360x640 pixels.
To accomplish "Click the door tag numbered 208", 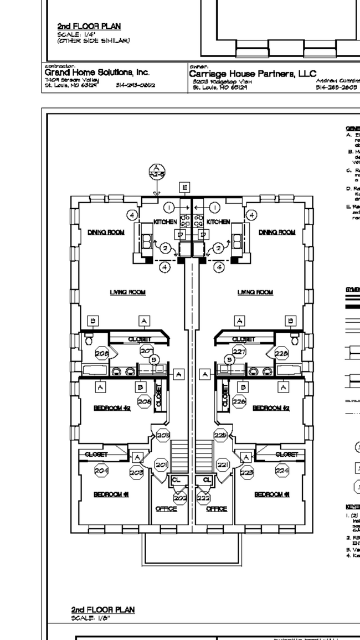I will [x=101, y=353].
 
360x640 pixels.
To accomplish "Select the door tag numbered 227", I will [x=239, y=351].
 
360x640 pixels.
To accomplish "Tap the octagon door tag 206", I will [x=144, y=402].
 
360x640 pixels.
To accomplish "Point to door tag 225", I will [x=220, y=435].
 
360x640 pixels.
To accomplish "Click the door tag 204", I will [x=101, y=471].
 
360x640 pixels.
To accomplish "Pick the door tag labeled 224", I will [x=282, y=471].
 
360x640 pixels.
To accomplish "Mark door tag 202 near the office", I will [x=180, y=498].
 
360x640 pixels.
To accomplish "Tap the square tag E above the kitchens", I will [x=185, y=187].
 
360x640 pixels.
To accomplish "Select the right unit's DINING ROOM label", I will [x=277, y=232].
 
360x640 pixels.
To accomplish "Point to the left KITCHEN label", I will [x=165, y=222].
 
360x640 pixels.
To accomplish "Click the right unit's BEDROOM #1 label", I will [x=271, y=494].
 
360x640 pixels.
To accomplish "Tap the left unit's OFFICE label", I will [x=166, y=508].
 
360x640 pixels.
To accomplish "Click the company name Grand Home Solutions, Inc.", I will [x=97, y=73].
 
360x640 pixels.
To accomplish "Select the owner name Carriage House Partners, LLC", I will [x=252, y=73].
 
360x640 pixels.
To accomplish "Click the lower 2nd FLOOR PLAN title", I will [x=102, y=610].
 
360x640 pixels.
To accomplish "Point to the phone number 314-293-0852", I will [x=135, y=86].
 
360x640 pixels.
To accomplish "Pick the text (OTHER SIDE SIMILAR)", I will [x=94, y=40].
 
